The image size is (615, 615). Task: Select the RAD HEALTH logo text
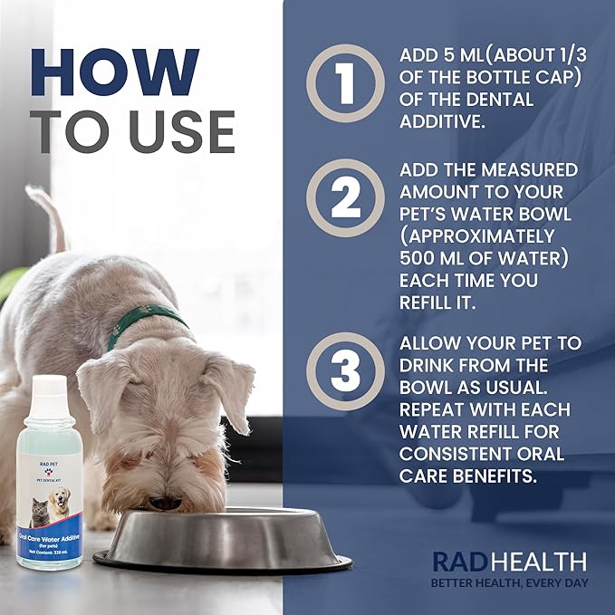point(508,561)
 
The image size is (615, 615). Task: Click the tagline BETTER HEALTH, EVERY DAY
point(508,582)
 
